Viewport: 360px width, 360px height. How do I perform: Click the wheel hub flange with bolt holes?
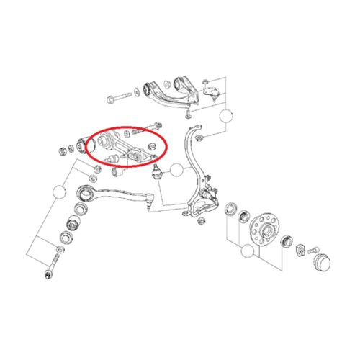click(261, 230)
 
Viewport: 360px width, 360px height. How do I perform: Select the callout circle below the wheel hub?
click(248, 251)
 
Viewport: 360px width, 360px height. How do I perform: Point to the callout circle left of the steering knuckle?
click(176, 171)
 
